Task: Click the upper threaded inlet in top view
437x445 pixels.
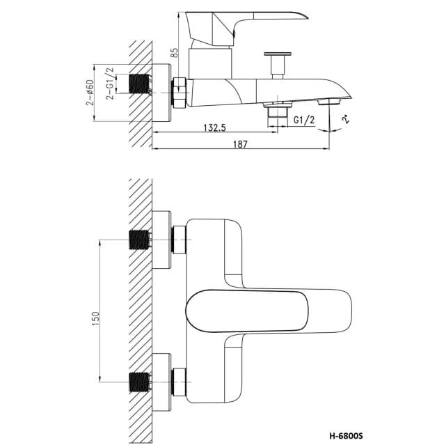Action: coord(141,241)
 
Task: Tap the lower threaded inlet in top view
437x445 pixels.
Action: coord(141,382)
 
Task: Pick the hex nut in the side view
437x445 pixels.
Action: coord(180,93)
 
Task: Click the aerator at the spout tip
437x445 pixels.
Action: coord(327,103)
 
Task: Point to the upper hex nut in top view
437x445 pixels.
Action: coord(180,241)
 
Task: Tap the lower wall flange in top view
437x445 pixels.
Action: coord(161,382)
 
